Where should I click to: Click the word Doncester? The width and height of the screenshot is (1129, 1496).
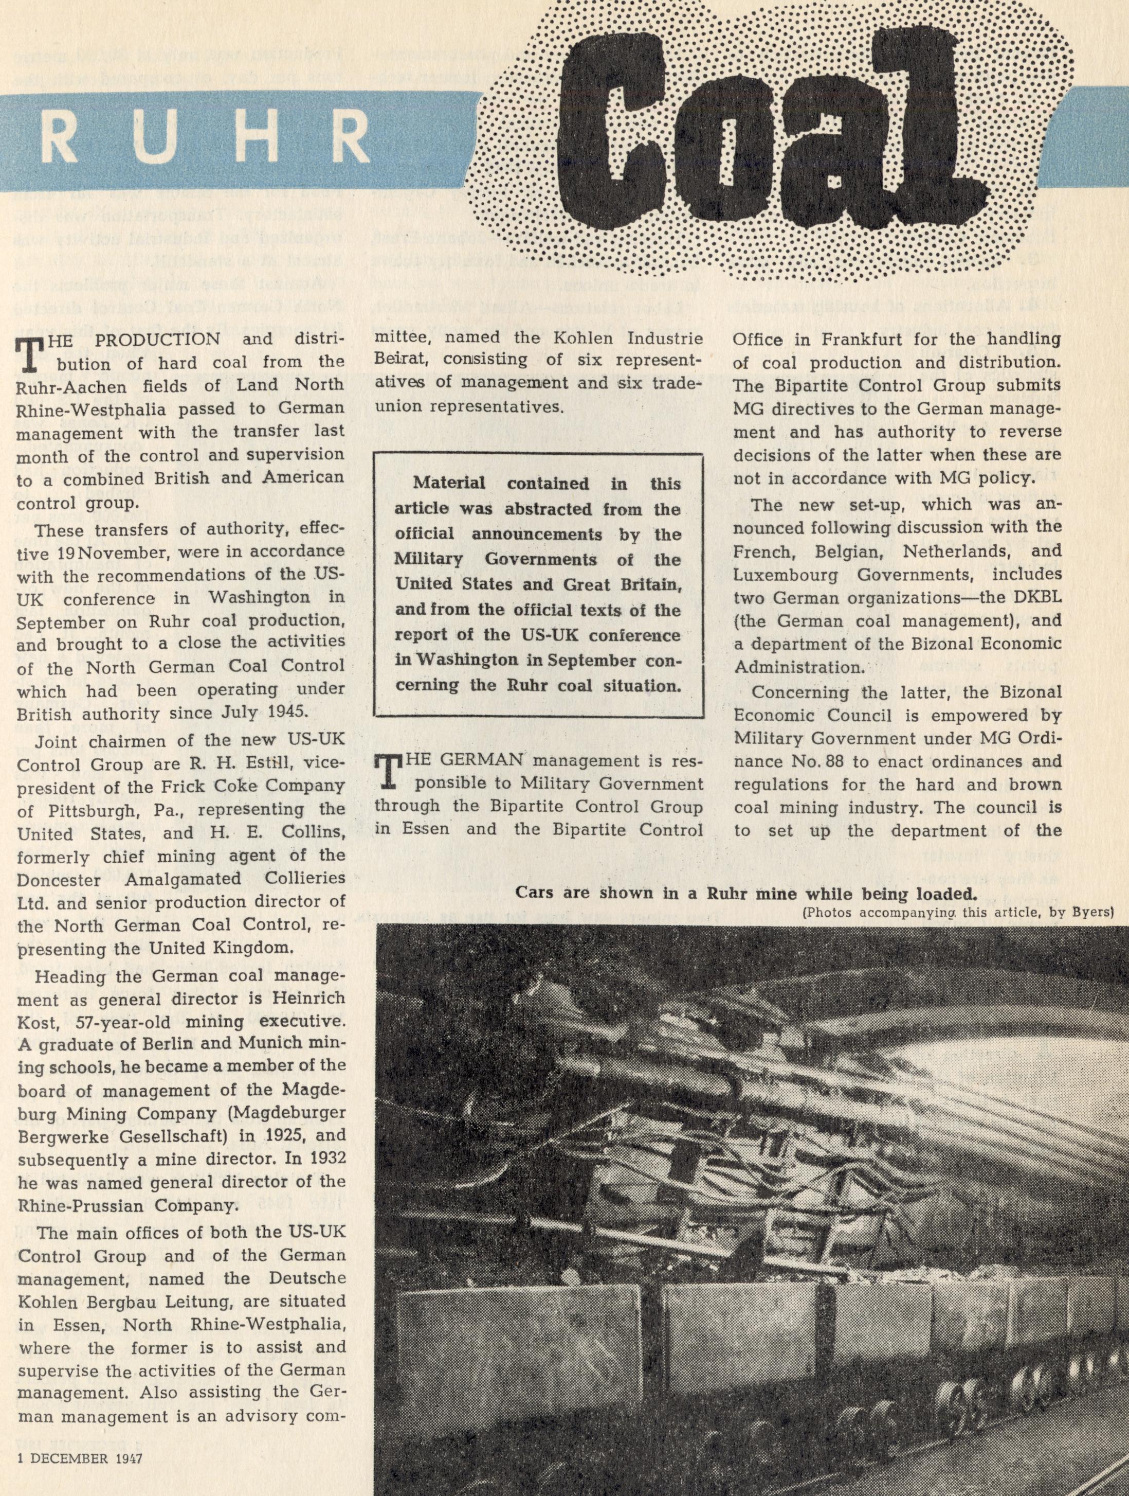pos(64,879)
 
